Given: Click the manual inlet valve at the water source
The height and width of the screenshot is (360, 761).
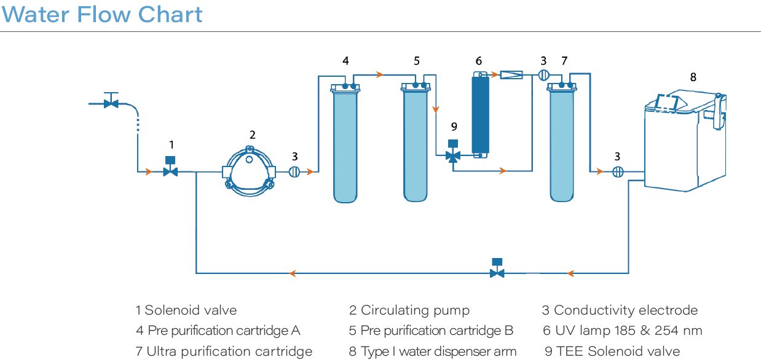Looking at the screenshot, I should point(111,101).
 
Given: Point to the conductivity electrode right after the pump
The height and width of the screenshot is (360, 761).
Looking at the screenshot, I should point(294,172).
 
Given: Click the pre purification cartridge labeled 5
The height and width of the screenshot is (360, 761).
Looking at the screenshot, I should point(416,144).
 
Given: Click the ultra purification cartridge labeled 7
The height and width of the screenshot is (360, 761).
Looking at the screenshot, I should point(562,144).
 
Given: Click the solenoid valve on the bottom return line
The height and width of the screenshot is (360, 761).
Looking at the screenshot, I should point(497,268).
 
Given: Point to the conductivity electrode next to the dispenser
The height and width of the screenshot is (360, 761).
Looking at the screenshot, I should point(618,172).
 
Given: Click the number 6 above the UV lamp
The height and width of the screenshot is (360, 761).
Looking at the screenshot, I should point(479,60).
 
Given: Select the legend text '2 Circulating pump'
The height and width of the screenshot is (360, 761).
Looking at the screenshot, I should point(409,310).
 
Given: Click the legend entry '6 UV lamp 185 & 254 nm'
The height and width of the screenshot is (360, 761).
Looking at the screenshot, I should point(621,331).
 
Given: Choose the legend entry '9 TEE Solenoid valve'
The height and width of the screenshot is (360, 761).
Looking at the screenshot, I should point(612,351).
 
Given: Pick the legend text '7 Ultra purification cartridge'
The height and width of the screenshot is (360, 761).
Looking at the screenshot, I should point(224,351).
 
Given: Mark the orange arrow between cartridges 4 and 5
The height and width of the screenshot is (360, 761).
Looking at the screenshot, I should point(380,75).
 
